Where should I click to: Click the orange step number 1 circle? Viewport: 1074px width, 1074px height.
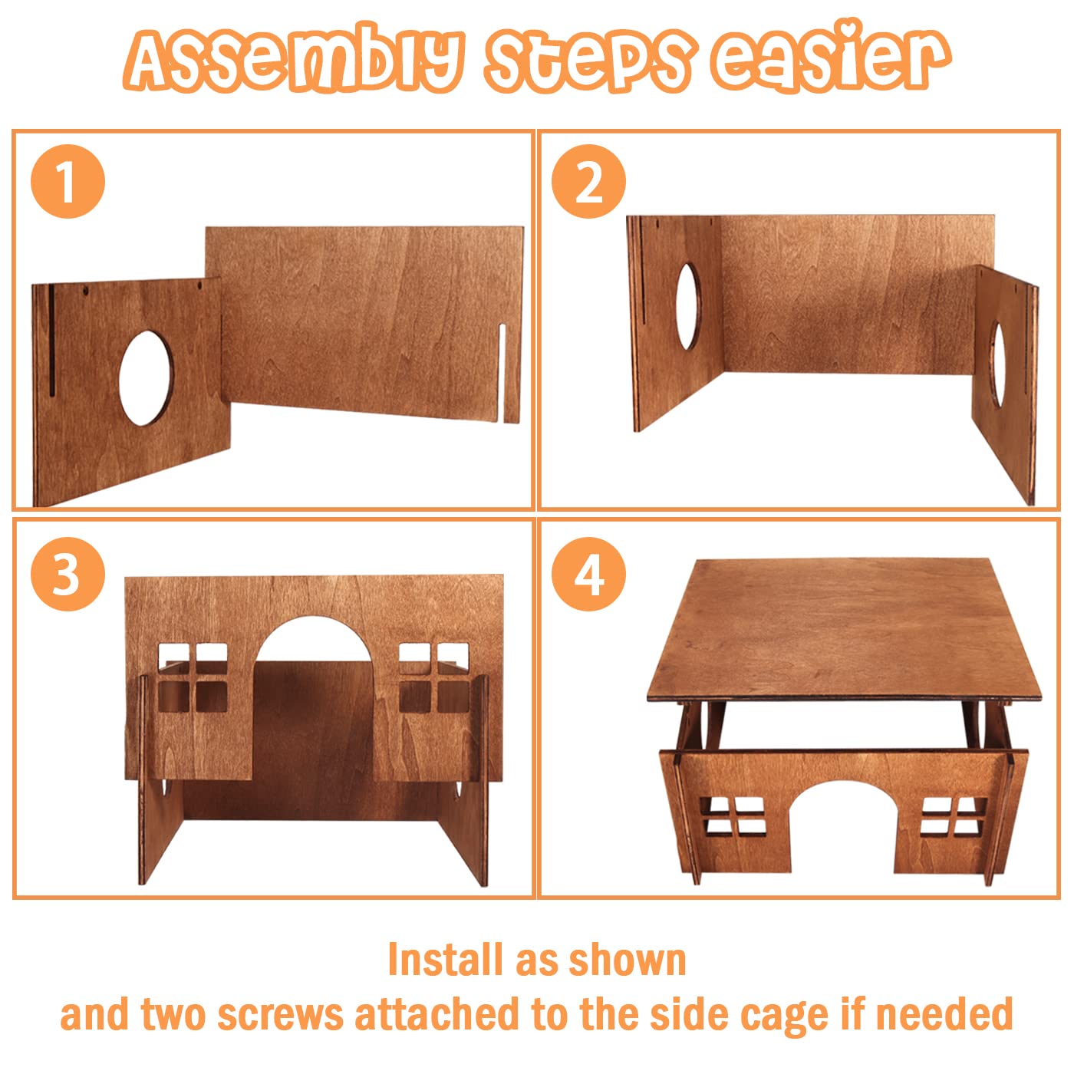pos(68,182)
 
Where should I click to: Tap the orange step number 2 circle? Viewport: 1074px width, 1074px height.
pos(588,182)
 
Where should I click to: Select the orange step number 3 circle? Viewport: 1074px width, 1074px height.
pos(68,575)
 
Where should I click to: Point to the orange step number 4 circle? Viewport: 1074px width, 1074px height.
pos(588,575)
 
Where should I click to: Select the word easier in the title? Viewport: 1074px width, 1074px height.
pos(829,58)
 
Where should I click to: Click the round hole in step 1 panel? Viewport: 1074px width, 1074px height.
pos(146,377)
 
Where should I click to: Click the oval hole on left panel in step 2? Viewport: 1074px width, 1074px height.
pos(687,307)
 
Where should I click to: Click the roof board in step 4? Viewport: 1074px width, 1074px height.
pos(844,629)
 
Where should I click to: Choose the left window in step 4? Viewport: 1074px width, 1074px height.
pos(735,816)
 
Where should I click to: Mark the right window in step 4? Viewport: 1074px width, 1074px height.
pos(951,816)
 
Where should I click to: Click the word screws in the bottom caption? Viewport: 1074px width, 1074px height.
pos(280,1014)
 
